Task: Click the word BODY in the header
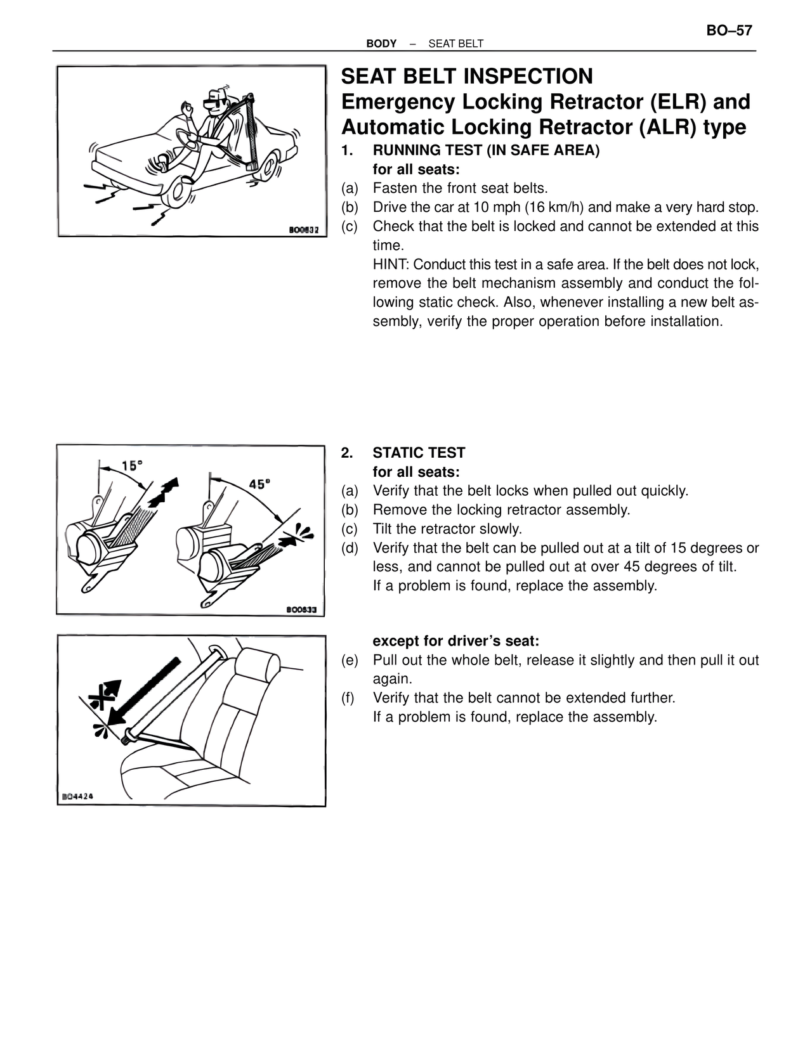(381, 44)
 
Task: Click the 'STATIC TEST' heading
(419, 453)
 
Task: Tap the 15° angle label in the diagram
(132, 465)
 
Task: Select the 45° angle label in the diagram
(259, 484)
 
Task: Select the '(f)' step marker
(348, 698)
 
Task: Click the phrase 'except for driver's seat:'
(455, 641)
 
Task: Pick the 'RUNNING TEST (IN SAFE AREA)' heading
(486, 151)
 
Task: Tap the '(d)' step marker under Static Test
(350, 548)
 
